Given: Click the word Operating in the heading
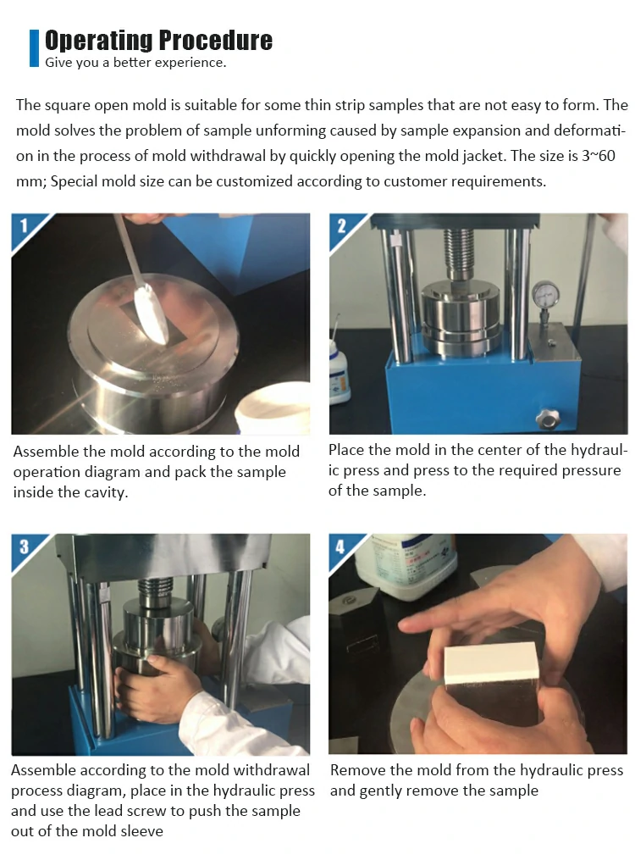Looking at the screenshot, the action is pos(99,41).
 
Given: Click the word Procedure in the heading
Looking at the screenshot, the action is pos(216,41).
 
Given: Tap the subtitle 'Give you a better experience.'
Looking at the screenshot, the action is pos(135,63).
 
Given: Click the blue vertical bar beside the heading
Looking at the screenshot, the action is pos(34,48).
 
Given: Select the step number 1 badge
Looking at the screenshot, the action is pos(24,226).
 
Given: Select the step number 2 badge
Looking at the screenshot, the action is pos(341,226).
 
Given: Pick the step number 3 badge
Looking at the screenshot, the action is pos(24,547).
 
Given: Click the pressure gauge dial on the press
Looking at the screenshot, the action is pos(545,295).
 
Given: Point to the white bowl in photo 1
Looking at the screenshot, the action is pos(273,408).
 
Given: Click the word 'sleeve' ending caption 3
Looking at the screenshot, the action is pos(142,831).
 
